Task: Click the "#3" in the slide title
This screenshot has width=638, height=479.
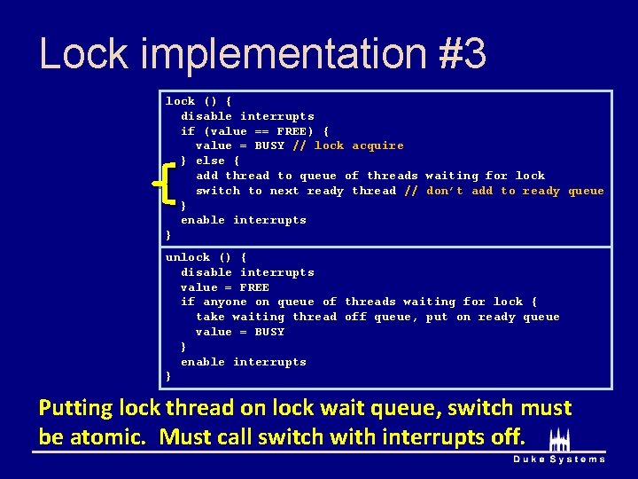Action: point(462,53)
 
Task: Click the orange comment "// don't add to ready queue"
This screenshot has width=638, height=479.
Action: point(503,191)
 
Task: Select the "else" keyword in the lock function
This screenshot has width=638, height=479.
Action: point(210,161)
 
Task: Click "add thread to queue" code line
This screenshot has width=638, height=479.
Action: point(266,176)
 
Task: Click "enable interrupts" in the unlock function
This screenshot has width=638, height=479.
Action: point(243,362)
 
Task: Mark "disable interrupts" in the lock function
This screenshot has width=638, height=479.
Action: point(247,116)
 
